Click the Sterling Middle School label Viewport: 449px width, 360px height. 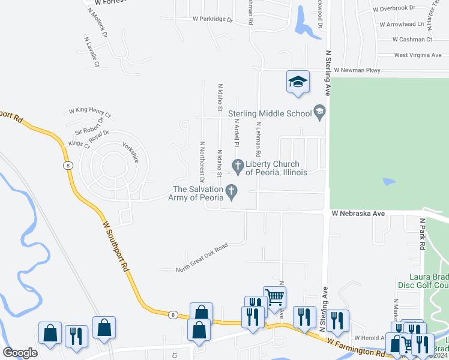click(x=268, y=112)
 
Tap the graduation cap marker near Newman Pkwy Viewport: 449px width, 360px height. click(x=298, y=82)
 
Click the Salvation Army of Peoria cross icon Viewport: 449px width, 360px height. click(x=231, y=191)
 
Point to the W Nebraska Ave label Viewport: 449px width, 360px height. click(x=358, y=214)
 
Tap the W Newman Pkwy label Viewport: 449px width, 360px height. click(x=357, y=70)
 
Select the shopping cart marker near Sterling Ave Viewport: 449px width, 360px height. click(x=274, y=296)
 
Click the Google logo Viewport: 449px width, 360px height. click(x=20, y=352)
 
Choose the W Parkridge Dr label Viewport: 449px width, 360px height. click(x=212, y=19)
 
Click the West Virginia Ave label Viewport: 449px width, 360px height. click(x=418, y=55)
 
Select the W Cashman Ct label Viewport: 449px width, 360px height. click(x=412, y=40)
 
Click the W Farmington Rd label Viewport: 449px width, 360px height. click(x=356, y=347)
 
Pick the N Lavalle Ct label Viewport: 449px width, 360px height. click(x=91, y=52)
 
